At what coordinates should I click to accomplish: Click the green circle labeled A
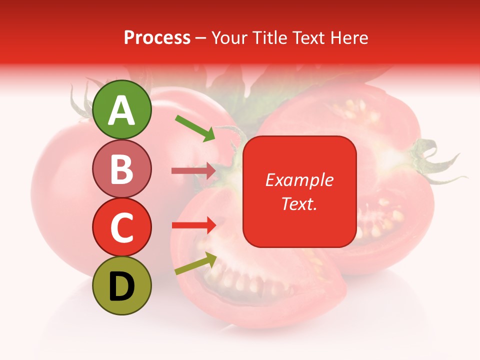pos(121,109)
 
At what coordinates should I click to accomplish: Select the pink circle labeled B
pos(121,168)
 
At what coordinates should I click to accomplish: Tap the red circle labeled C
pos(121,227)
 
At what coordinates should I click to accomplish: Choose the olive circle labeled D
pos(121,285)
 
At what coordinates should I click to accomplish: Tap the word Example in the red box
pos(299,180)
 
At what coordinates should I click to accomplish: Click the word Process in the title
pos(157,37)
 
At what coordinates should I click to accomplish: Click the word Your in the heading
pos(229,37)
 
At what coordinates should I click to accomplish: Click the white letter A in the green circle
pos(121,110)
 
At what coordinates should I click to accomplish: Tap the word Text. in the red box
pos(299,203)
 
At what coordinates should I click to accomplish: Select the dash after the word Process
pos(201,38)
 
